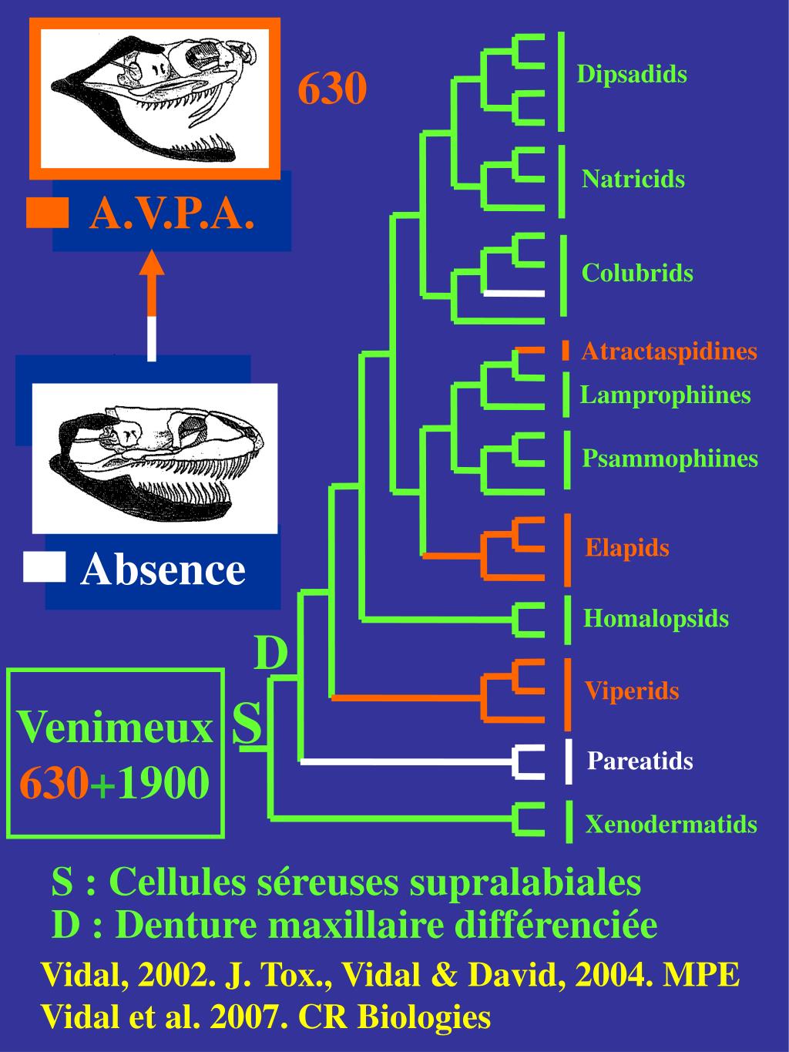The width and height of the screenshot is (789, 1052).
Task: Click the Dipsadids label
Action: point(632,75)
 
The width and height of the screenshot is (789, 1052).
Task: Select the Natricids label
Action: point(633,180)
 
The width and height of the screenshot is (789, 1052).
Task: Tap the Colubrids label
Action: point(637,273)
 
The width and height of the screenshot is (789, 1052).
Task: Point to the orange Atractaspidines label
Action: point(669,351)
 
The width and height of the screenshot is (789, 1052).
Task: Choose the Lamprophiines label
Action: point(665,395)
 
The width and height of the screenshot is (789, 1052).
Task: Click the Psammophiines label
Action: point(670,459)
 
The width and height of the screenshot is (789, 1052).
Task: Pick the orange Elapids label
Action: point(627,548)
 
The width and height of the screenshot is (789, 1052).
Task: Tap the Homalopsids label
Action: point(656,618)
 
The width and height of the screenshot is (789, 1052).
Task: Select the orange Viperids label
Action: point(632,691)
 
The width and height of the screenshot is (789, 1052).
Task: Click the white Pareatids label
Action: point(640,761)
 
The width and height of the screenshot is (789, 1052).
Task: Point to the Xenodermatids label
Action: point(671,825)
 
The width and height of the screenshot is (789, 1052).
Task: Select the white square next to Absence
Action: point(44,566)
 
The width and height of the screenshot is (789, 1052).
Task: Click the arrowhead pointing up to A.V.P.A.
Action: point(152,264)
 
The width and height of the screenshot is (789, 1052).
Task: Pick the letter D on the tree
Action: point(270,653)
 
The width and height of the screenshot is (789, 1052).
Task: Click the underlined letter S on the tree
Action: point(247,724)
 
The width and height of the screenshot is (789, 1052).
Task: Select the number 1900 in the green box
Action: point(163,784)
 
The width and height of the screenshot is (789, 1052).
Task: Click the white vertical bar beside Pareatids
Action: point(569,761)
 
